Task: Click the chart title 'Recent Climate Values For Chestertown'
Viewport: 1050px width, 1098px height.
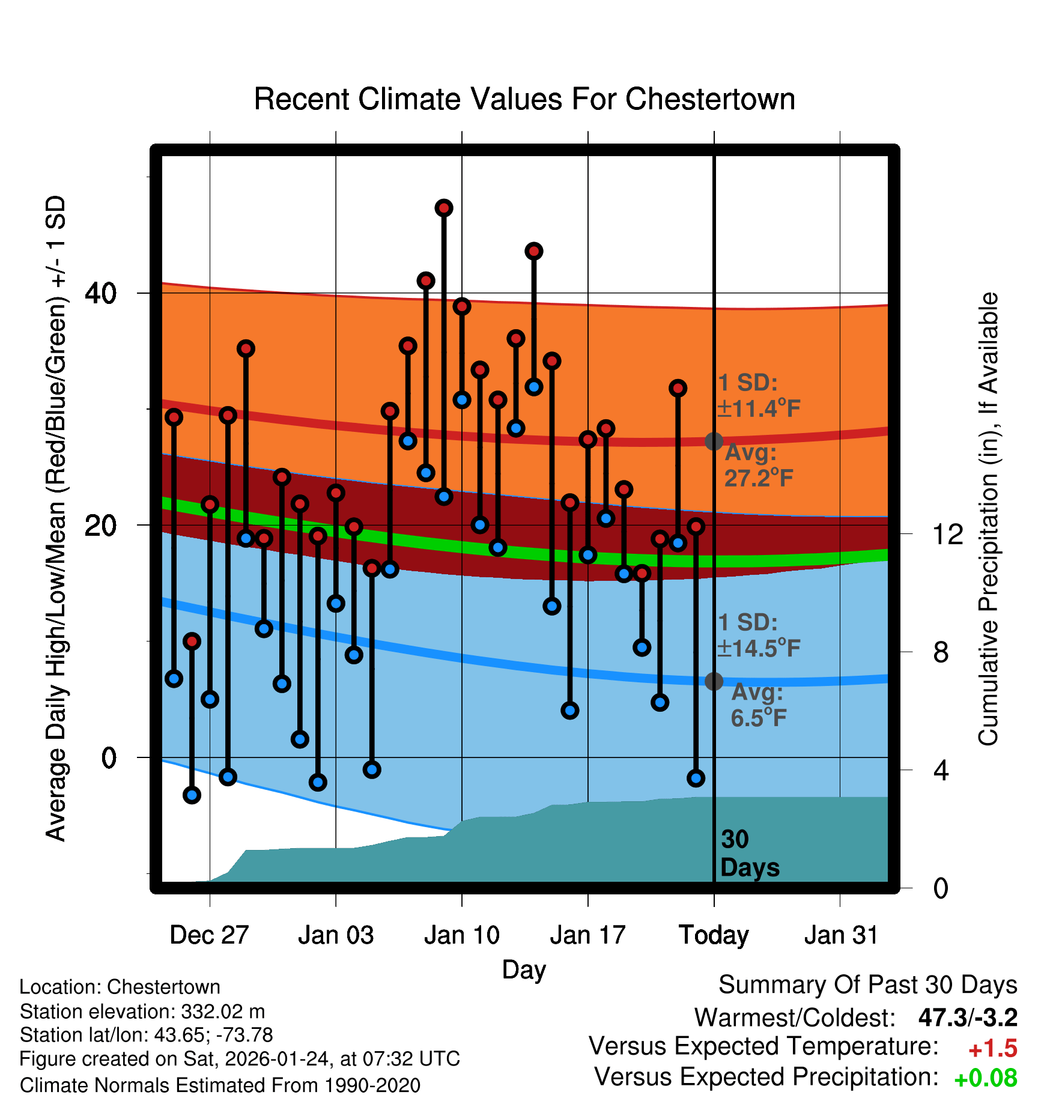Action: [x=524, y=99]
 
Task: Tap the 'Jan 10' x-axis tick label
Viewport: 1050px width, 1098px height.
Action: [x=461, y=935]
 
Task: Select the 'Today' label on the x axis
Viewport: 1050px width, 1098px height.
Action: [x=714, y=935]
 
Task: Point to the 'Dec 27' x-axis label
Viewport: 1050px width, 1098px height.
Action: [x=209, y=935]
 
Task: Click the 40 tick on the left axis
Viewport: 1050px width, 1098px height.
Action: [x=101, y=293]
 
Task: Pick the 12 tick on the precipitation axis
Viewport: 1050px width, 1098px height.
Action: [x=947, y=534]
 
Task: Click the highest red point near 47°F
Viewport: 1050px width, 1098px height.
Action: [x=444, y=208]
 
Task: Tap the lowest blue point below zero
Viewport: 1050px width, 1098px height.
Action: [x=192, y=795]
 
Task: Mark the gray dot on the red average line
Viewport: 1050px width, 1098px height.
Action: [x=714, y=441]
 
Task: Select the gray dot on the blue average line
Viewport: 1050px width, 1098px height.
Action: [x=714, y=681]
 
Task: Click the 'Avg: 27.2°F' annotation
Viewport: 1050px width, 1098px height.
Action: [x=758, y=466]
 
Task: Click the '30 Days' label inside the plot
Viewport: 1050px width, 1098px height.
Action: [x=749, y=854]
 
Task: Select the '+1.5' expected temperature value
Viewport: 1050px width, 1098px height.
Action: [x=992, y=1049]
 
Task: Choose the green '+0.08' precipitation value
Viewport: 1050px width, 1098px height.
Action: [x=985, y=1078]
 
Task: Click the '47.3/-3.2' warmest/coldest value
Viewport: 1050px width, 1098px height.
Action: [x=968, y=1018]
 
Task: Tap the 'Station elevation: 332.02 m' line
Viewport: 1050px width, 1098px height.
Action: [x=142, y=1012]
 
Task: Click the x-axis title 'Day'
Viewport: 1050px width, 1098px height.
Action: [x=524, y=969]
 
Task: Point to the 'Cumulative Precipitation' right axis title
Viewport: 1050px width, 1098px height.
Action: [x=988, y=519]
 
